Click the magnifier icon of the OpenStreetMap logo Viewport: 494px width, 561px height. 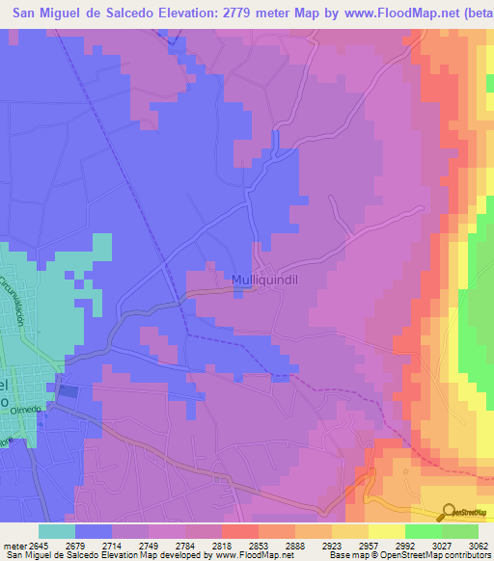[x=449, y=511]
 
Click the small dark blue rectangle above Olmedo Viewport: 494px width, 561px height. [x=69, y=391]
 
